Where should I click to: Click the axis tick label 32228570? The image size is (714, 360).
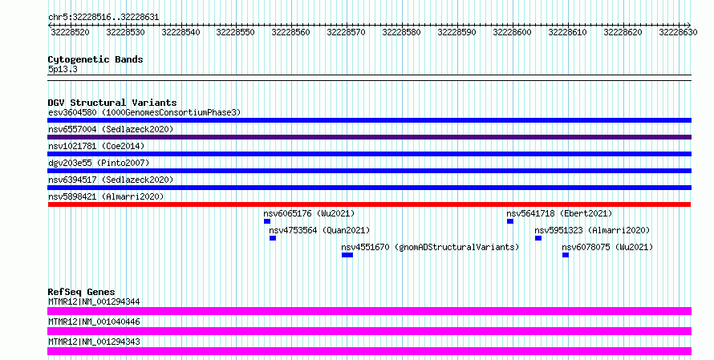coord(346,32)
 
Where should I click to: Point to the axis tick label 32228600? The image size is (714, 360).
coord(512,32)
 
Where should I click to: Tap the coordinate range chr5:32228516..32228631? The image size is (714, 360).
coord(103,18)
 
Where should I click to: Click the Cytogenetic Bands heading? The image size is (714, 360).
coord(95,59)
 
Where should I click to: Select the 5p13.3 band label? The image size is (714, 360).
coord(63,69)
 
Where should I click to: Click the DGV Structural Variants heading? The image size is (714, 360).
coord(112,103)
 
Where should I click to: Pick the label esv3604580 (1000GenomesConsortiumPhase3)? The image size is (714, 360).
coord(144,112)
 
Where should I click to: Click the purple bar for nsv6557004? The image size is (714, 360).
coord(369,137)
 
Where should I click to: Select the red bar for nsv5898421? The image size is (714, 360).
coord(369,204)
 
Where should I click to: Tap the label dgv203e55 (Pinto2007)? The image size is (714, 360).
coord(99,163)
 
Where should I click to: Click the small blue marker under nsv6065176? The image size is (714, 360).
coord(267,221)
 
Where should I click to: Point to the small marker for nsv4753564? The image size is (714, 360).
coord(272,238)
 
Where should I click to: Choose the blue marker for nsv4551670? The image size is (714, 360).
coord(347,255)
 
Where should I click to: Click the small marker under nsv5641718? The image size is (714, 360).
coord(510,221)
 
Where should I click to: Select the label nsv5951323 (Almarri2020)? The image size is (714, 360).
coord(592,230)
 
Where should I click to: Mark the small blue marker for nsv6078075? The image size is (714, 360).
coord(565,255)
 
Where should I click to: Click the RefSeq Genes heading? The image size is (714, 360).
coord(82,292)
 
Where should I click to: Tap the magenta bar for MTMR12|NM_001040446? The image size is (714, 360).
coord(369,331)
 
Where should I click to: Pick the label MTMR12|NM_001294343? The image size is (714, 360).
coord(94,342)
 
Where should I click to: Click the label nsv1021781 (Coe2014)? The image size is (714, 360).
coord(96,146)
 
